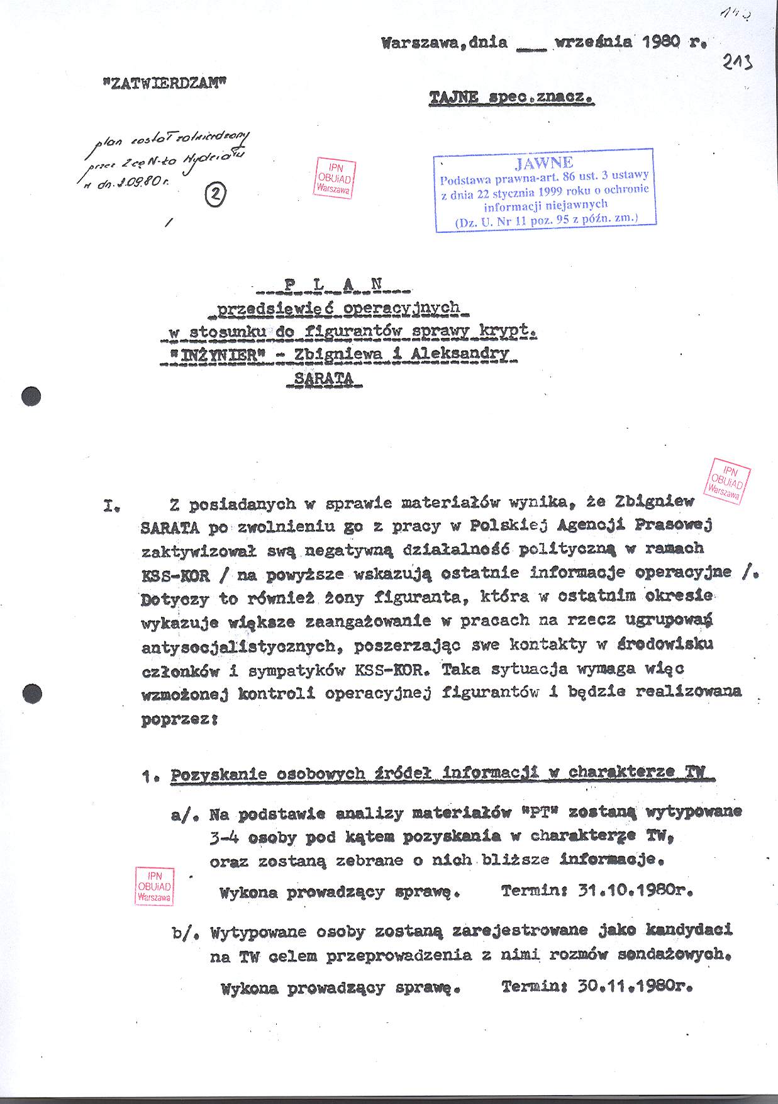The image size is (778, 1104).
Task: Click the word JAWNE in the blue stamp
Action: click(544, 164)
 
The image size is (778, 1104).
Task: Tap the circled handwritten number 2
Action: click(215, 196)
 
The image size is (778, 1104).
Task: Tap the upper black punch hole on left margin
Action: click(31, 397)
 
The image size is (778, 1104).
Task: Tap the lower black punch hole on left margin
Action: click(31, 693)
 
